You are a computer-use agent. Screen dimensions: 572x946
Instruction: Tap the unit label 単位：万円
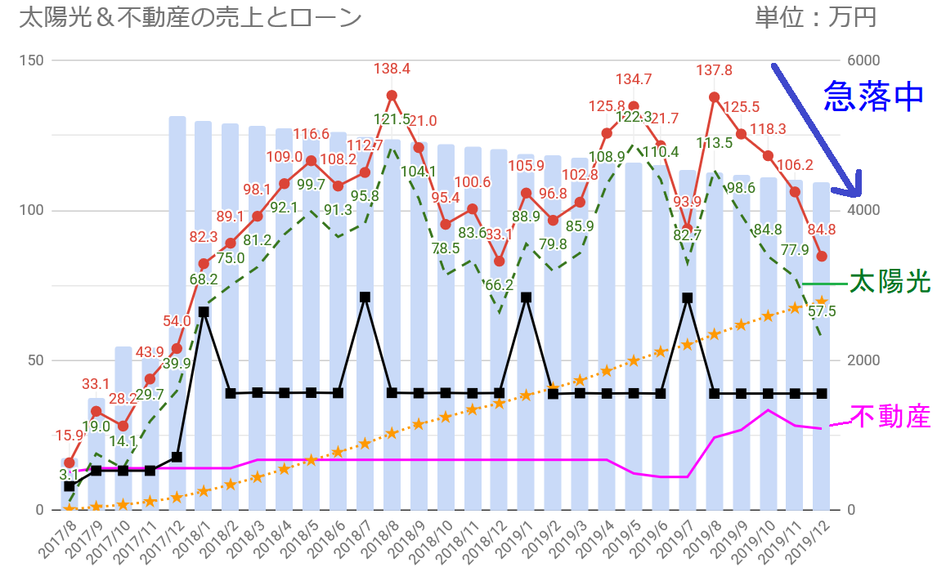pos(817,18)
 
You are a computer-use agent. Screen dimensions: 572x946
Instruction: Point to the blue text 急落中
pos(872,96)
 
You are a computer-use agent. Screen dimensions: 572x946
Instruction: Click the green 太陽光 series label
pos(890,283)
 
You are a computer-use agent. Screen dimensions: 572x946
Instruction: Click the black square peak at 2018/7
pos(365,297)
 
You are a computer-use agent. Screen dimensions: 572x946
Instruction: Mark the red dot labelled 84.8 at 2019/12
pos(822,257)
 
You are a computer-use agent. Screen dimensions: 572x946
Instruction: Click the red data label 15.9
pos(69,436)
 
